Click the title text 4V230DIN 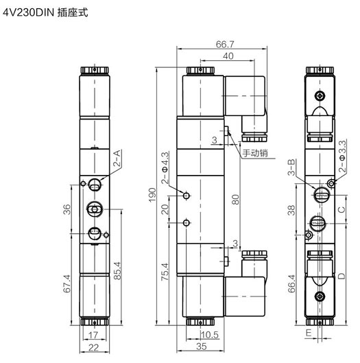pyautogui.click(x=28, y=12)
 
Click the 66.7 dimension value pyautogui.click(x=225, y=44)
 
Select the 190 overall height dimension pyautogui.click(x=152, y=195)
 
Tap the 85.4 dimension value pyautogui.click(x=117, y=270)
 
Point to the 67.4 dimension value pyautogui.click(x=67, y=283)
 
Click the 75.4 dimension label pyautogui.click(x=165, y=272)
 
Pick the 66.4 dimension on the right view pyautogui.click(x=291, y=283)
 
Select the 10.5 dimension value pyautogui.click(x=210, y=335)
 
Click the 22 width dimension pyautogui.click(x=93, y=347)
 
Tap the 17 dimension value pyautogui.click(x=93, y=335)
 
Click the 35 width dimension pyautogui.click(x=202, y=347)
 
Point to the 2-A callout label pyautogui.click(x=117, y=159)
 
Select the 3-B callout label pyautogui.click(x=291, y=167)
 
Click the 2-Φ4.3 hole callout pyautogui.click(x=165, y=167)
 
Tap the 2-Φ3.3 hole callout pyautogui.click(x=342, y=156)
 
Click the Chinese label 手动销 pyautogui.click(x=255, y=153)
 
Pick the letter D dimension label pyautogui.click(x=341, y=276)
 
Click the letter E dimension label pyautogui.click(x=309, y=333)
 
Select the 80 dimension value pyautogui.click(x=235, y=199)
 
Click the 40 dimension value pyautogui.click(x=228, y=56)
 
